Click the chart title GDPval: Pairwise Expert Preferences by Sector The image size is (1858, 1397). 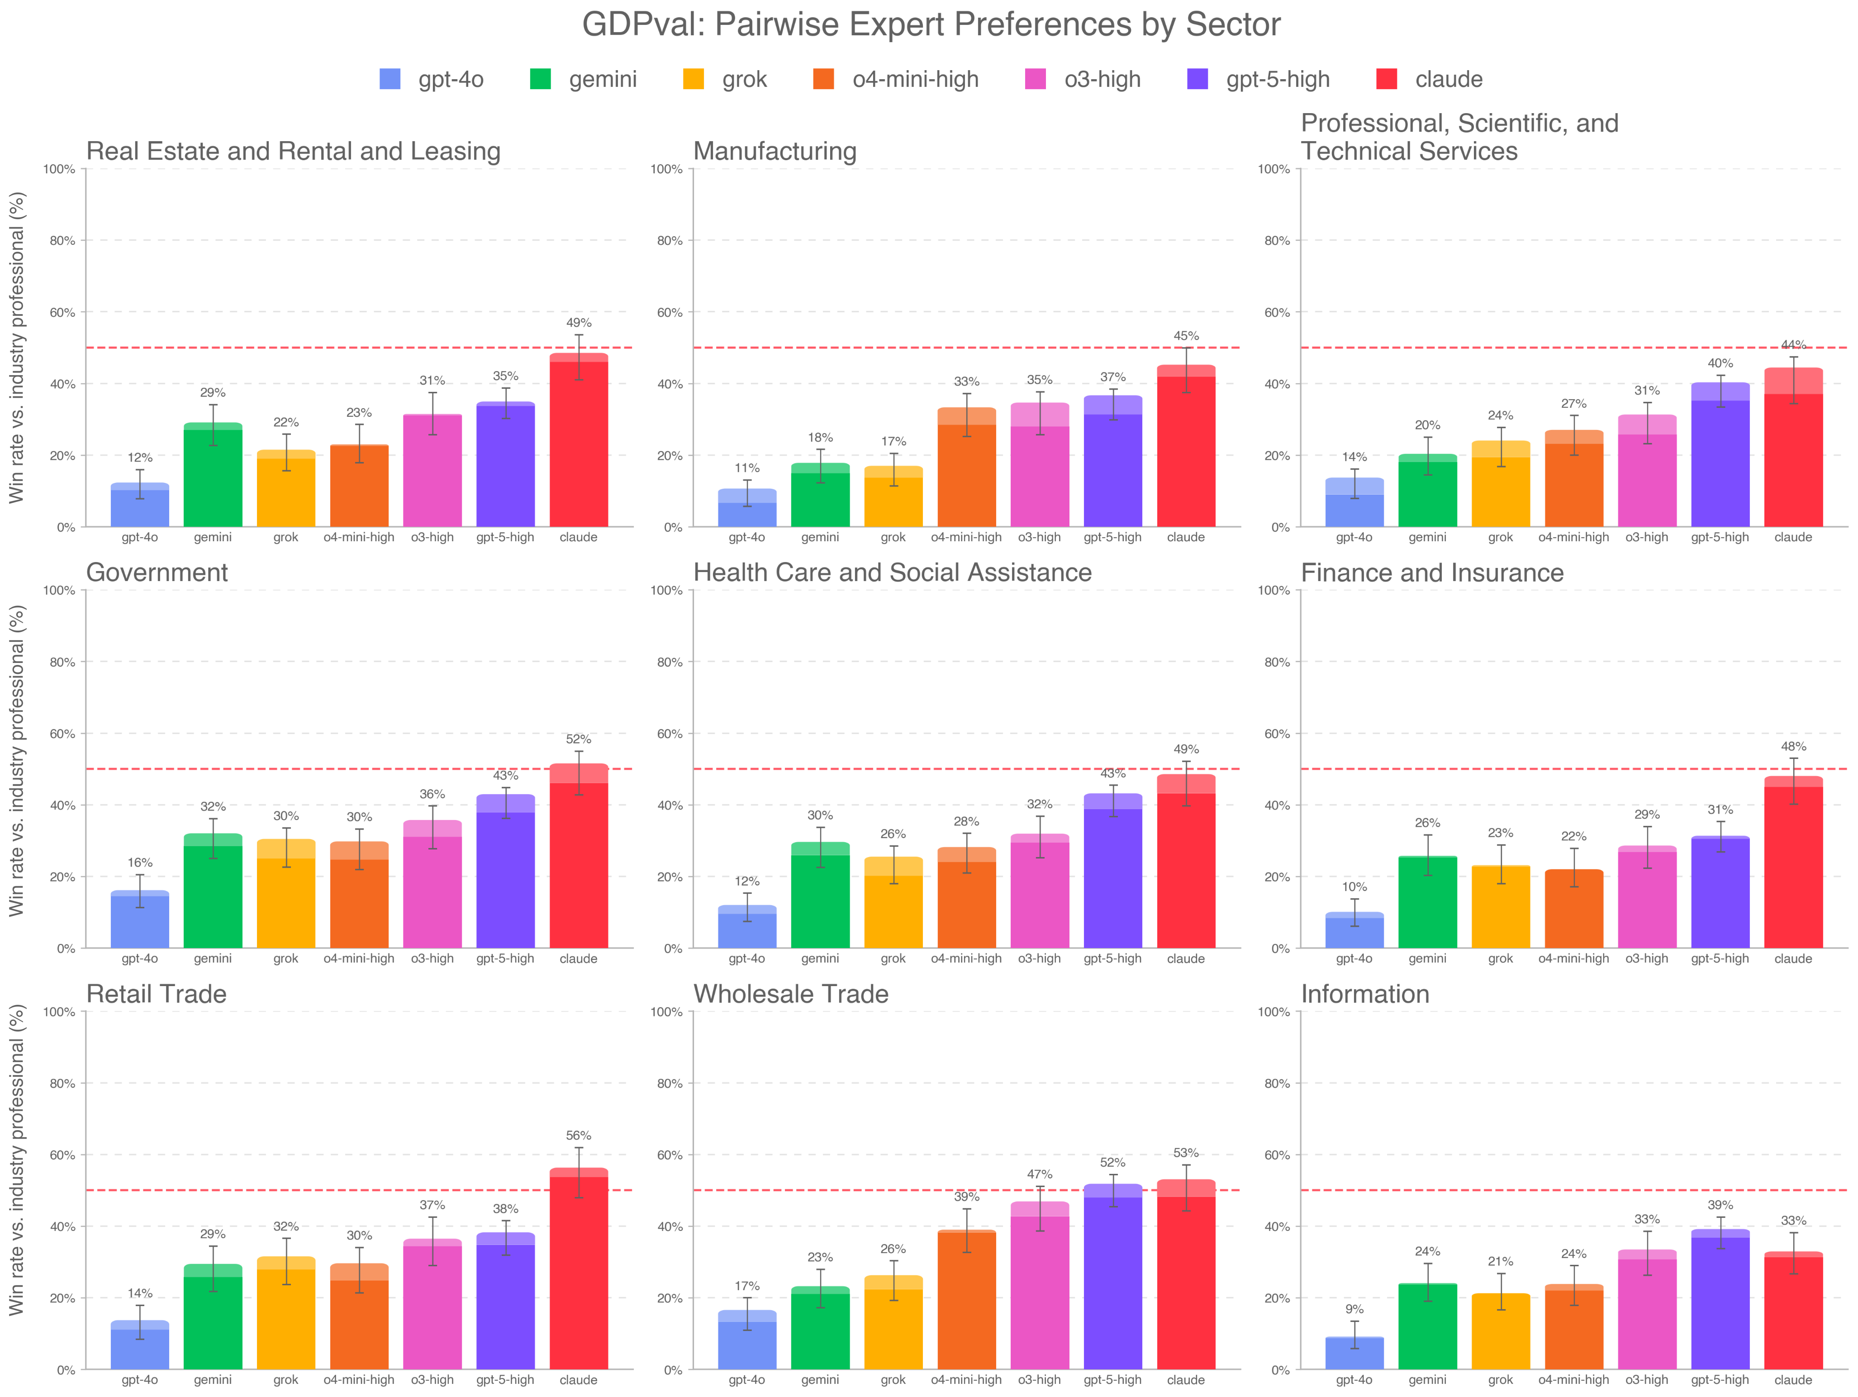931,24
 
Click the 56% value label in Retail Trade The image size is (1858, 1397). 579,1136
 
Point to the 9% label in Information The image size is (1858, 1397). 1354,1310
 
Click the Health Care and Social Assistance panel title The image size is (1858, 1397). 892,573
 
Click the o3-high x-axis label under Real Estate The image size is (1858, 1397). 432,538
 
